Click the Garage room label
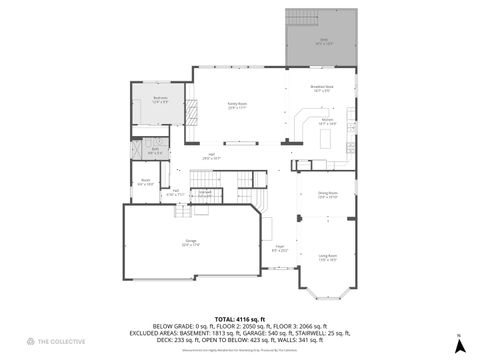pyautogui.click(x=190, y=241)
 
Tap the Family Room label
pyautogui.click(x=237, y=104)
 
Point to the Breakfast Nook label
pyautogui.click(x=321, y=89)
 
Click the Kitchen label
pyautogui.click(x=327, y=121)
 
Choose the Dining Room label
pyautogui.click(x=328, y=196)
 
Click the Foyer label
pyautogui.click(x=281, y=248)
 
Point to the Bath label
pyautogui.click(x=155, y=151)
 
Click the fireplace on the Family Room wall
pyautogui.click(x=197, y=110)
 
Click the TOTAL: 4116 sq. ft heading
pyautogui.click(x=239, y=317)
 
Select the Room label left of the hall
pyautogui.click(x=145, y=182)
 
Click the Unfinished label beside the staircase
pyautogui.click(x=204, y=193)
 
